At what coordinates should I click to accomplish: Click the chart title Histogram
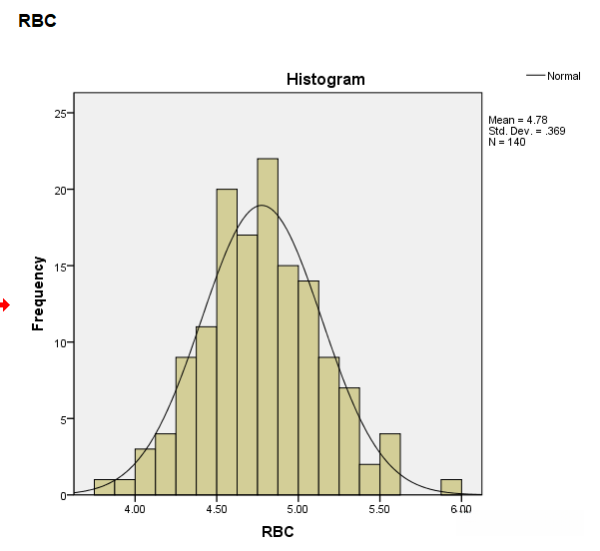325,79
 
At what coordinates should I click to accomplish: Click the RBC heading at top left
37,20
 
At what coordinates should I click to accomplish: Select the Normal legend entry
563,76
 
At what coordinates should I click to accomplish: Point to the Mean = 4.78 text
517,120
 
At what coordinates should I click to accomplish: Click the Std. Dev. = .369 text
526,131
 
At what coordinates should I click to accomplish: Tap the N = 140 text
506,142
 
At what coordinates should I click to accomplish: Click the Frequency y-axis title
38,293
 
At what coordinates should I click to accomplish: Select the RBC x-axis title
278,532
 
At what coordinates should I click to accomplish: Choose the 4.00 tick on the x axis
135,509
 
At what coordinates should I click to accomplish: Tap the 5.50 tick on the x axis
379,509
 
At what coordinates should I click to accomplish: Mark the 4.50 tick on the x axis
217,509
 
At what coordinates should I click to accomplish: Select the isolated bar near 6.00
451,487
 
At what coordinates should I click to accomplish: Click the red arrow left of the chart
5,305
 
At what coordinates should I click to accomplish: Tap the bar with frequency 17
247,364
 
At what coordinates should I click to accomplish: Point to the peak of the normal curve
263,206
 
